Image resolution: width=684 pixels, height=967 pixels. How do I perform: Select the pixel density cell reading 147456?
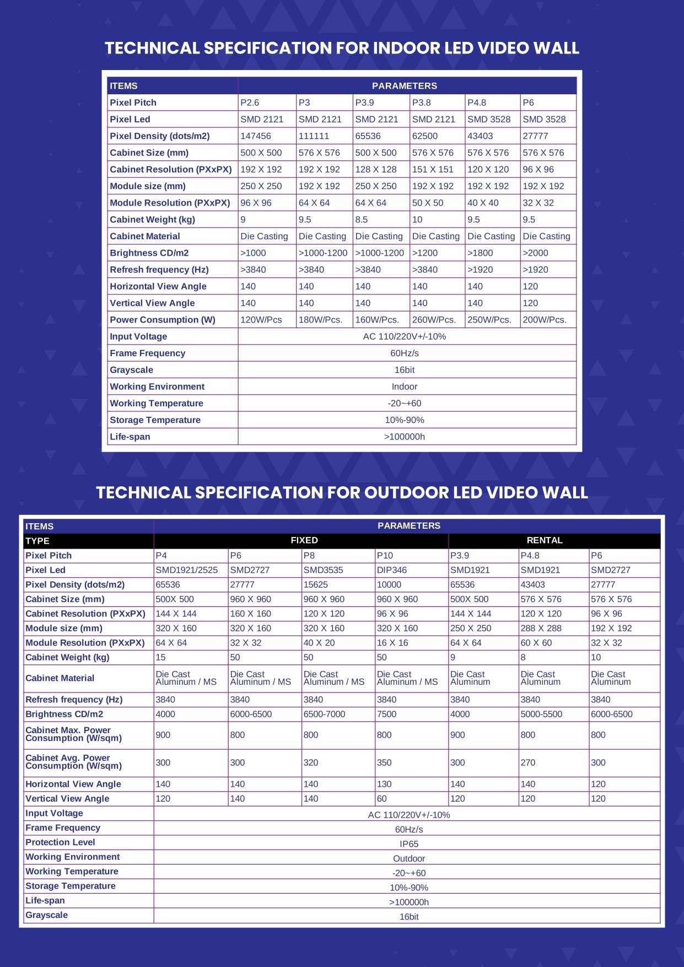point(256,136)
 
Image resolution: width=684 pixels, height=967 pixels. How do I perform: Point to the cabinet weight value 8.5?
point(362,219)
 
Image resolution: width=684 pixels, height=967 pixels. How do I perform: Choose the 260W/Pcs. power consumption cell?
point(434,320)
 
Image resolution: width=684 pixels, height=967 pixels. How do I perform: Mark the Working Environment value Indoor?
point(405,386)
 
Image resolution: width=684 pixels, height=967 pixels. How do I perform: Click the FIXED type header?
point(304,540)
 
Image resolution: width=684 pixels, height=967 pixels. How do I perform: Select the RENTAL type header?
point(545,540)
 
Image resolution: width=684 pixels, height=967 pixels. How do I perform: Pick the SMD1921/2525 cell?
point(186,570)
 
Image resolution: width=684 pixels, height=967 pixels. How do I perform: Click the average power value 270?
point(528,762)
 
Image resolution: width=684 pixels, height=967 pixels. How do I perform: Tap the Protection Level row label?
point(60,842)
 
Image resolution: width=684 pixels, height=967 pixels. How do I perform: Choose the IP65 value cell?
point(409,844)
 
